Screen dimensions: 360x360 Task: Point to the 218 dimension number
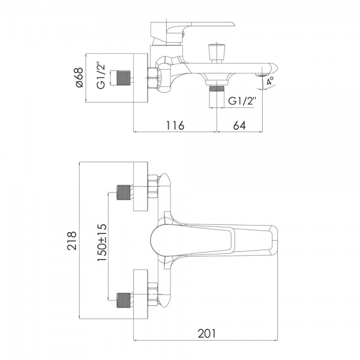coord(72,243)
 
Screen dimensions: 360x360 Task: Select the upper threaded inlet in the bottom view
coord(125,192)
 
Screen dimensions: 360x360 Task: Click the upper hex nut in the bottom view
coord(152,187)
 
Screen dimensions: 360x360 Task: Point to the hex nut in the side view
coord(152,78)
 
